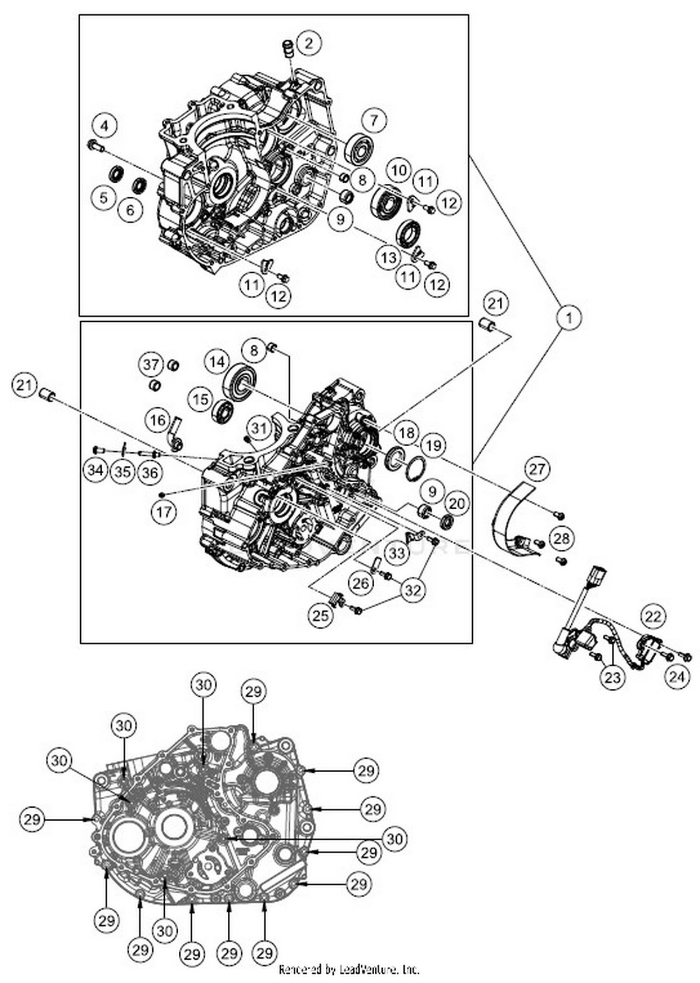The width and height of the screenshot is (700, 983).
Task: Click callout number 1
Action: (568, 318)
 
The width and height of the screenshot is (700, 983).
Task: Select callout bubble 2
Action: (308, 43)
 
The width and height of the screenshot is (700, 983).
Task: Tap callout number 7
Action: (374, 120)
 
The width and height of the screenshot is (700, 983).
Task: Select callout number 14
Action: (217, 362)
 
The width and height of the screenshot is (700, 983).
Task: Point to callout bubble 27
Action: (537, 468)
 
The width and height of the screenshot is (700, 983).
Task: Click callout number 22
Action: (652, 616)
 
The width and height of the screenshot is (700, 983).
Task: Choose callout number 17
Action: (164, 512)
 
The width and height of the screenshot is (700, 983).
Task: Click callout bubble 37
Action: (151, 364)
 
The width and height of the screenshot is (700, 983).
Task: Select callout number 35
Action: (123, 471)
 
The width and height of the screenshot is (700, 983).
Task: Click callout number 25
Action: (320, 616)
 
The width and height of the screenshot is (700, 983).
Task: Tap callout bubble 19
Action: (433, 445)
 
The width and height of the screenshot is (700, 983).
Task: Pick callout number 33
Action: (398, 553)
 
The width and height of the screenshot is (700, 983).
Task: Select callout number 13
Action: (389, 257)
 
